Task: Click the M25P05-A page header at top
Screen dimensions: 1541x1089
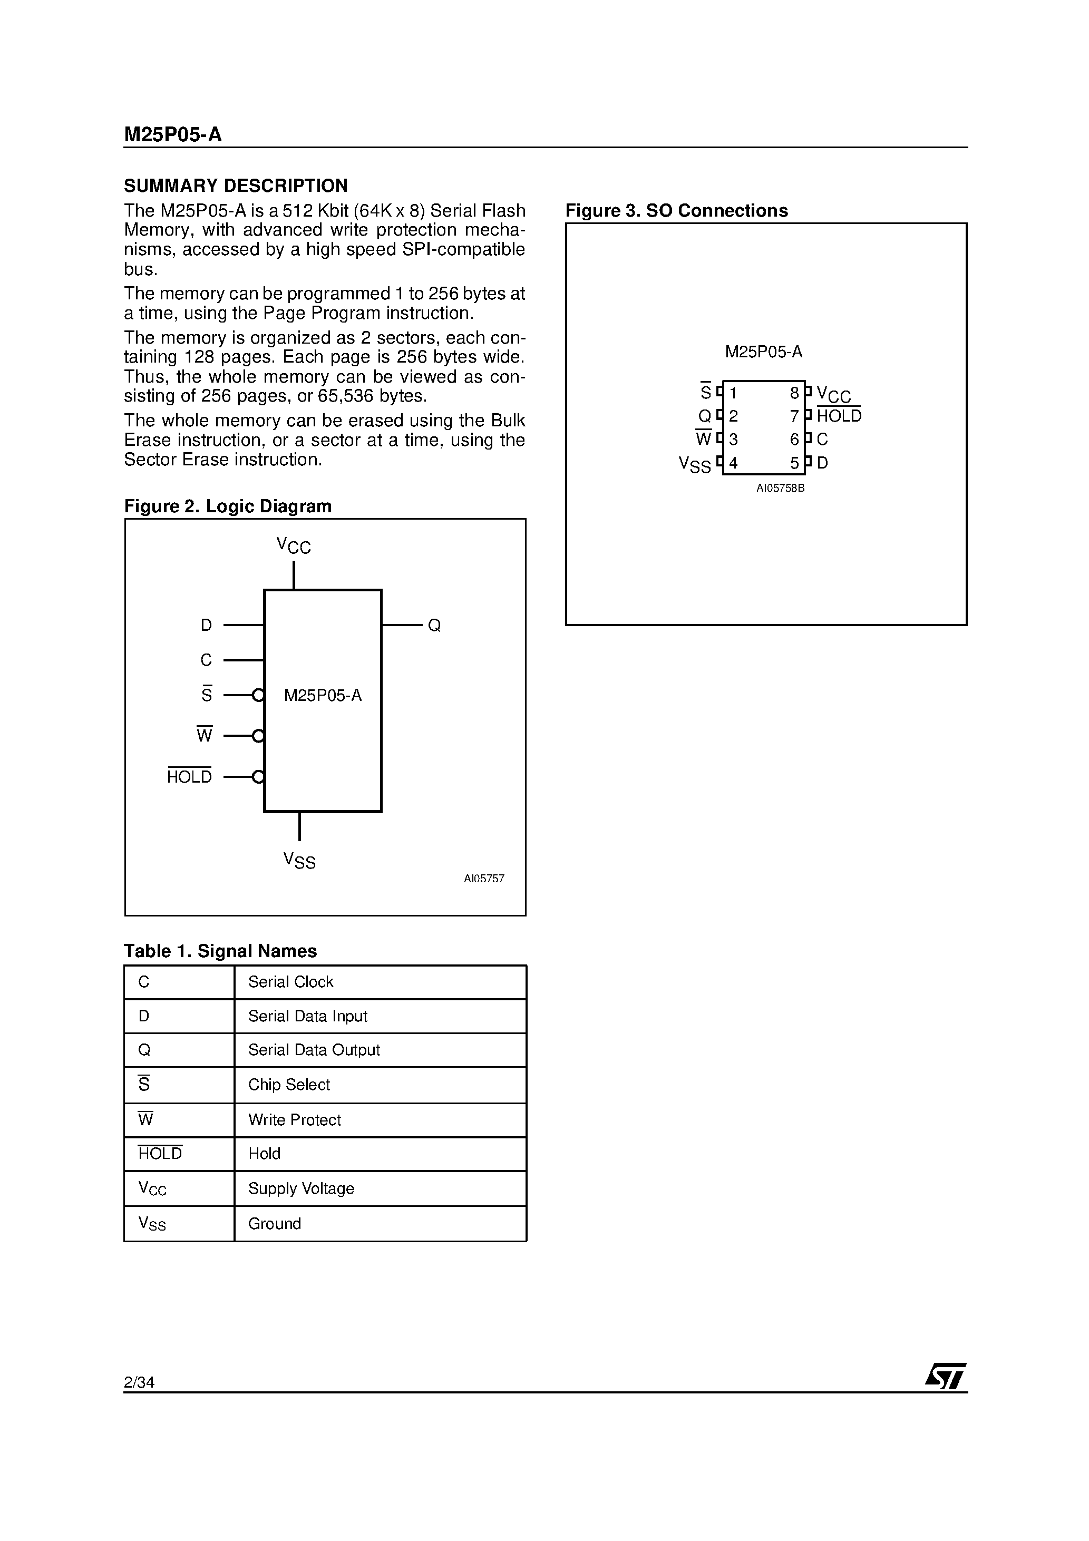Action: point(172,135)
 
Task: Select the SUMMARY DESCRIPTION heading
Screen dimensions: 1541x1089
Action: point(236,186)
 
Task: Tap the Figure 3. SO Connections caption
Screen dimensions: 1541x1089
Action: point(676,211)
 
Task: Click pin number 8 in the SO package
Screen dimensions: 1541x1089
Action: point(794,393)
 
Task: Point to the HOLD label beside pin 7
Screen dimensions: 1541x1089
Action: point(839,416)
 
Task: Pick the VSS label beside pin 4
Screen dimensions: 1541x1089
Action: point(694,464)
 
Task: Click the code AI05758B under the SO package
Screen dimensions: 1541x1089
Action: point(780,489)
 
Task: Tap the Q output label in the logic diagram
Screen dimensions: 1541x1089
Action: point(434,626)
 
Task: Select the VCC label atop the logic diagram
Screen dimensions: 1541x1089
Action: point(294,545)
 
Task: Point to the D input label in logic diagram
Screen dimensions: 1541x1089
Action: point(206,626)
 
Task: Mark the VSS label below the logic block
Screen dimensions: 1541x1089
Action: point(299,861)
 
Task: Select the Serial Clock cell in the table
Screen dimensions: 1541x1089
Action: point(291,982)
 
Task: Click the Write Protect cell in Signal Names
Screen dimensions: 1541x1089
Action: point(295,1119)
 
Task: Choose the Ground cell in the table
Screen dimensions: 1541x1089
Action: point(275,1224)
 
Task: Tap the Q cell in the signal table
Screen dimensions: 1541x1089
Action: point(144,1050)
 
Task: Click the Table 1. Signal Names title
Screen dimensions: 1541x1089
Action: point(220,951)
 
